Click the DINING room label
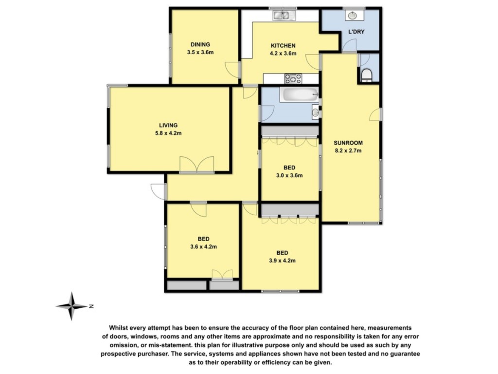pyautogui.click(x=200, y=44)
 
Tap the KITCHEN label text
pyautogui.click(x=283, y=45)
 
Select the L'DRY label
pyautogui.click(x=356, y=32)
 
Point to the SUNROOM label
pyautogui.click(x=348, y=143)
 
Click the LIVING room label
pyautogui.click(x=168, y=125)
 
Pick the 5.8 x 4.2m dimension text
pyautogui.click(x=168, y=133)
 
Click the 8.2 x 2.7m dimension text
pyautogui.click(x=348, y=151)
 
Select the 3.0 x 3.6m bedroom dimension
pyautogui.click(x=289, y=175)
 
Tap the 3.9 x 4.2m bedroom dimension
pyautogui.click(x=282, y=261)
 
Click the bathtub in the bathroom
pyautogui.click(x=299, y=94)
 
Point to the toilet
pyautogui.click(x=367, y=75)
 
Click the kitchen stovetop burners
pyautogui.click(x=293, y=78)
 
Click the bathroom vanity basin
pyautogui.click(x=315, y=112)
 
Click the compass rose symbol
pyautogui.click(x=71, y=306)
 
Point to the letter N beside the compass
pyautogui.click(x=91, y=307)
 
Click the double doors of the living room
pyautogui.click(x=196, y=165)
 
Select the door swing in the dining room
pyautogui.click(x=232, y=70)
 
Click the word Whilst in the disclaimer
pyautogui.click(x=119, y=328)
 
